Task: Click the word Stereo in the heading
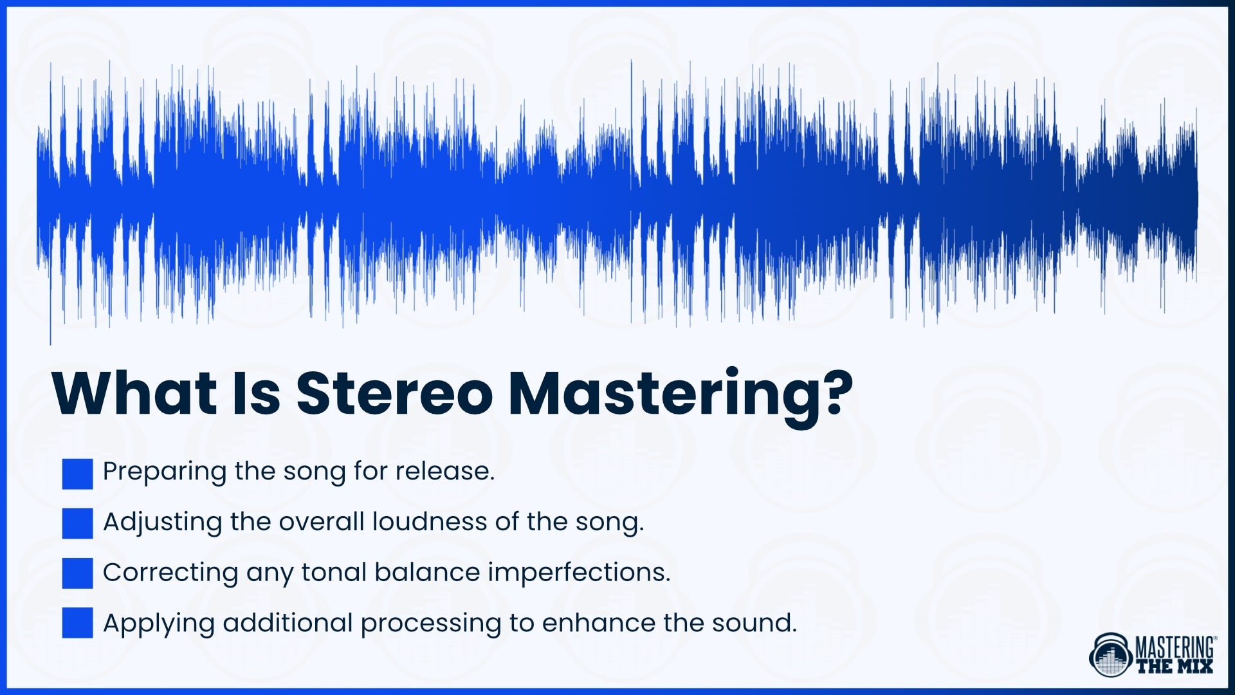pyautogui.click(x=394, y=393)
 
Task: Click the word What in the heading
pyautogui.click(x=135, y=393)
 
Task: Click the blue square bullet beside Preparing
pyautogui.click(x=78, y=474)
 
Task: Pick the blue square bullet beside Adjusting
pyautogui.click(x=78, y=523)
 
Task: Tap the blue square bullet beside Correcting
pyautogui.click(x=78, y=573)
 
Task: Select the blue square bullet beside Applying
pyautogui.click(x=78, y=623)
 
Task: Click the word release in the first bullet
pyautogui.click(x=444, y=471)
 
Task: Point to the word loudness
pyautogui.click(x=430, y=521)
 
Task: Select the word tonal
pyautogui.click(x=334, y=572)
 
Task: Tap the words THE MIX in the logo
pyautogui.click(x=1175, y=666)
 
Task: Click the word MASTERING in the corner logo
pyautogui.click(x=1175, y=646)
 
